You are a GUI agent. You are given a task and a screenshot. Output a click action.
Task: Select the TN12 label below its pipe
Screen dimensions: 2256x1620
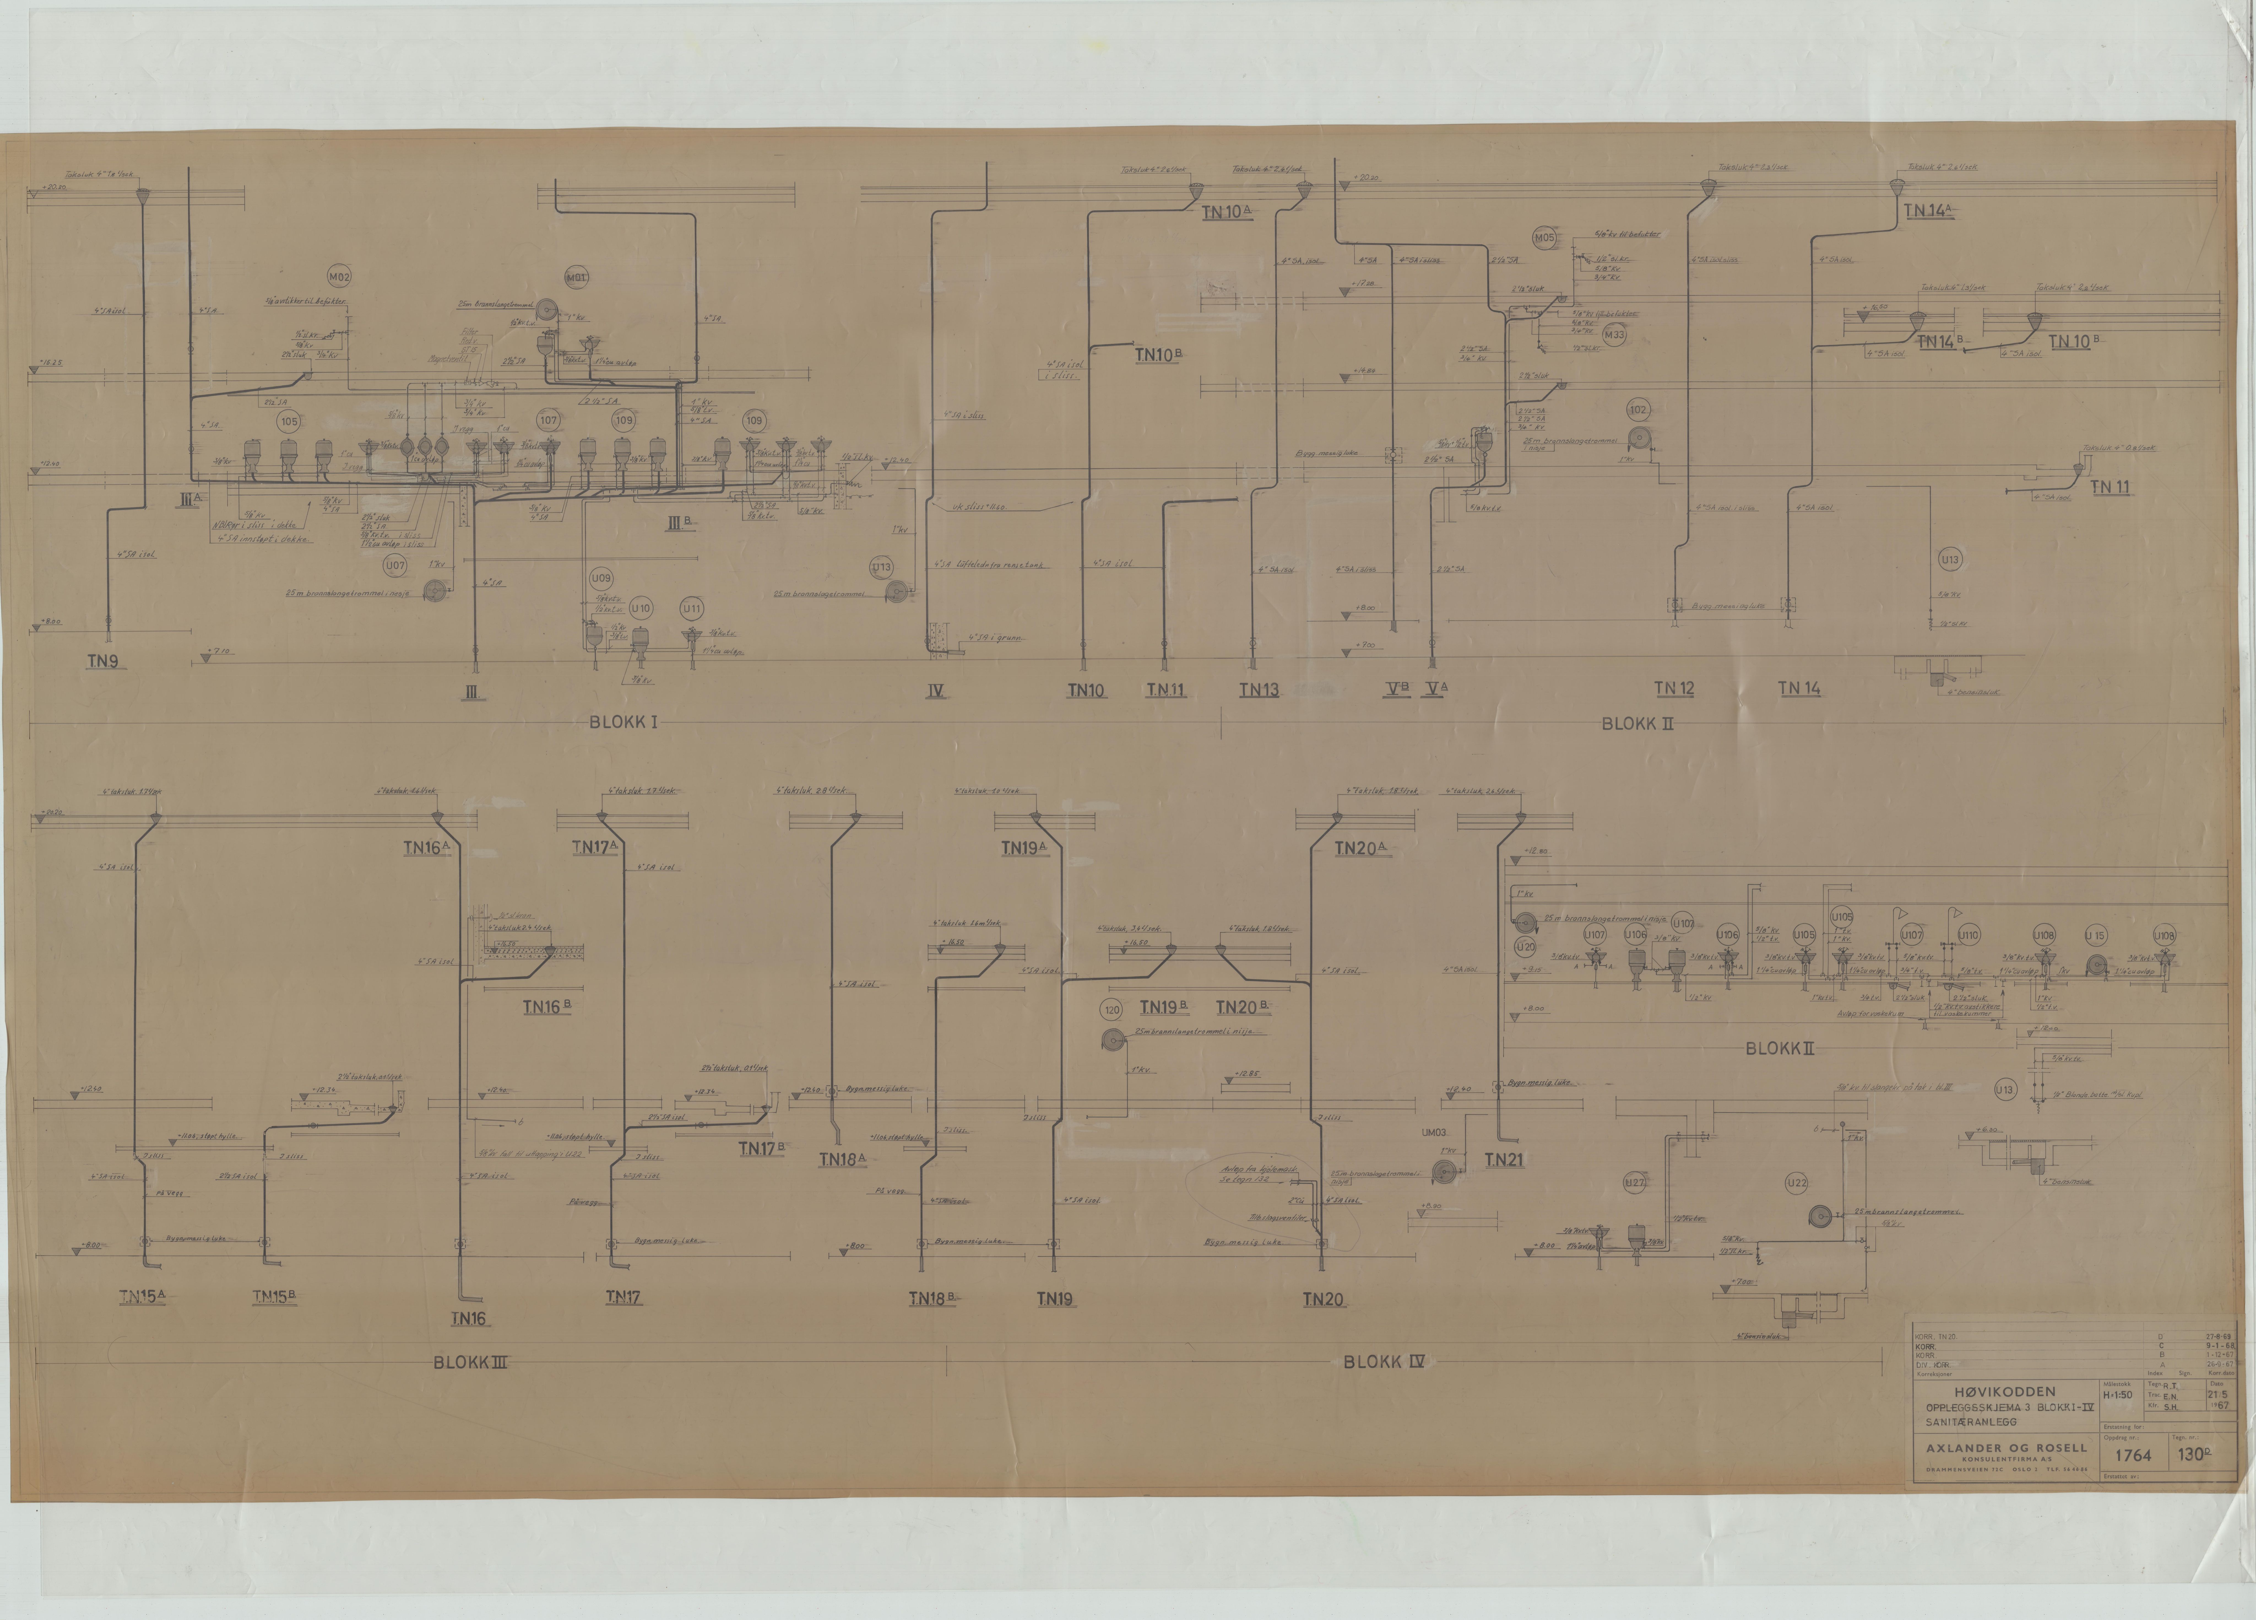1674,689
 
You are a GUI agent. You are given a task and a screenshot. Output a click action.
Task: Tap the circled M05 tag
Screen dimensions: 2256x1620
1544,239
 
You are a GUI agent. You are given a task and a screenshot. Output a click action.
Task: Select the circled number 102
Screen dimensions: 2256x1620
1637,410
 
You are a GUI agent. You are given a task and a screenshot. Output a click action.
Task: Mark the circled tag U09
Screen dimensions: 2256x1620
601,578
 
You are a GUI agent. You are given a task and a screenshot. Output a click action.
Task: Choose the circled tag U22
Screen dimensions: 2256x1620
1796,1183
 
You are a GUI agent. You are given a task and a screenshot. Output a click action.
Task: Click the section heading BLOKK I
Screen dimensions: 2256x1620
624,723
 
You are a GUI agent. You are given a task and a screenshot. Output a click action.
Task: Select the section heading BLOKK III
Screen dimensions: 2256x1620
470,1362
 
